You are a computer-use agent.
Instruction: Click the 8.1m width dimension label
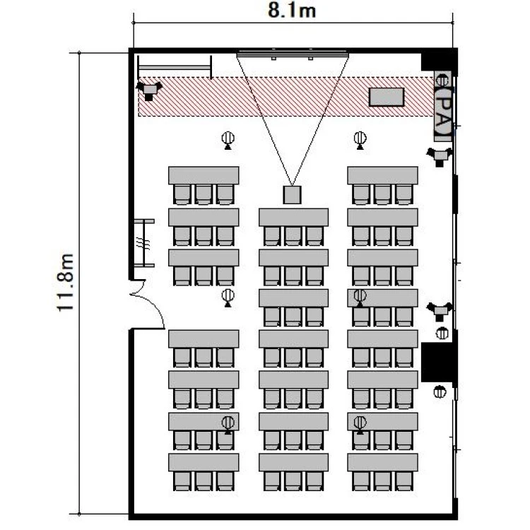coord(292,10)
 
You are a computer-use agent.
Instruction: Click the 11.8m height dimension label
coord(65,283)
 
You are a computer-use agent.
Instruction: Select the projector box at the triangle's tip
coord(292,195)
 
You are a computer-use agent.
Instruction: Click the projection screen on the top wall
coord(293,54)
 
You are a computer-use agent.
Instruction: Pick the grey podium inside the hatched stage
coord(387,97)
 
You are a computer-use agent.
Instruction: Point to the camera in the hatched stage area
coord(148,90)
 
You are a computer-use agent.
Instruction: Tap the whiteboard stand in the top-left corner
coord(175,68)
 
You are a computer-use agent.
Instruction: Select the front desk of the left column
coord(204,175)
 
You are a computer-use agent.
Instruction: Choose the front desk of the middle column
coord(293,218)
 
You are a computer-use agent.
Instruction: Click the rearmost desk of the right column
coord(382,462)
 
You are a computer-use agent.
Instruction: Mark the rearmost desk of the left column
coord(204,462)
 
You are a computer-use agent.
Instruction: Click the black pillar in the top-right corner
coord(439,61)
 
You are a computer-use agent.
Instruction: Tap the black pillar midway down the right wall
coord(438,363)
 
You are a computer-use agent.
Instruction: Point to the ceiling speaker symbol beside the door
coord(228,298)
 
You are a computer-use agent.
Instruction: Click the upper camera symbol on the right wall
coord(439,156)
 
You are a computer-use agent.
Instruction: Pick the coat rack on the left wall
coord(144,243)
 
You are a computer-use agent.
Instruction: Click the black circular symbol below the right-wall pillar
coord(440,391)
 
